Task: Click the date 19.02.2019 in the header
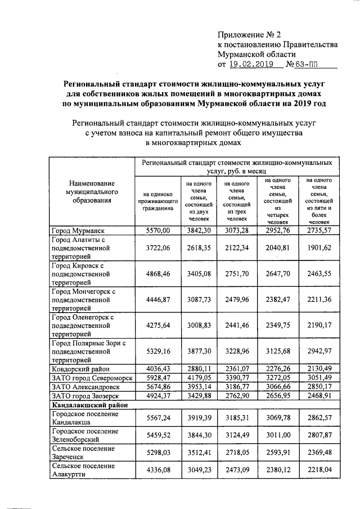[x=253, y=65]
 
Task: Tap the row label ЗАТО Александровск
[x=84, y=386]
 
